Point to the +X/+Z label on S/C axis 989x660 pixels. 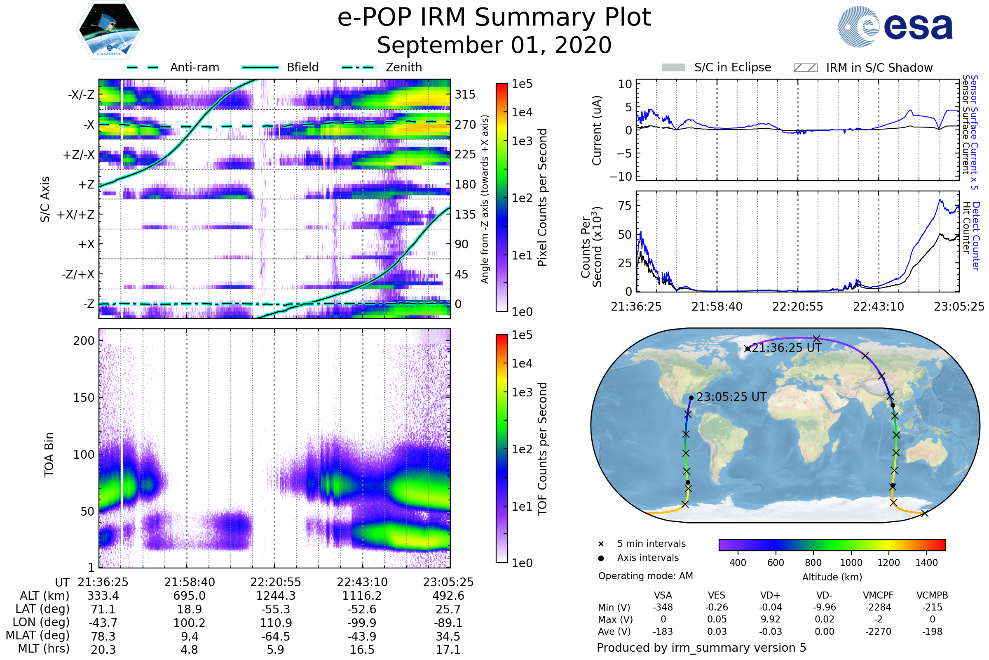pos(76,214)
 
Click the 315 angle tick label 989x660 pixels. pos(465,94)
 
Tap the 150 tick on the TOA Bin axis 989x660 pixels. pos(84,398)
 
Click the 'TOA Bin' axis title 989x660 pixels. pos(49,454)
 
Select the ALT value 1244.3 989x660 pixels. pos(275,596)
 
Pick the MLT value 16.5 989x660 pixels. pos(362,649)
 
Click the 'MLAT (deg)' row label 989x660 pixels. pos(37,636)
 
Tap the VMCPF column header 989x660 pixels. pos(878,595)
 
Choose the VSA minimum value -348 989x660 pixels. pos(663,607)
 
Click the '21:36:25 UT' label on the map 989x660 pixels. pos(786,348)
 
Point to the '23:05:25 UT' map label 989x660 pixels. pos(731,397)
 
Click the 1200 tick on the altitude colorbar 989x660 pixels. pos(888,563)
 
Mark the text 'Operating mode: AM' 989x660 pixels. pos(645,576)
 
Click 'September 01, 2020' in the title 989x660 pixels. pos(494,45)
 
